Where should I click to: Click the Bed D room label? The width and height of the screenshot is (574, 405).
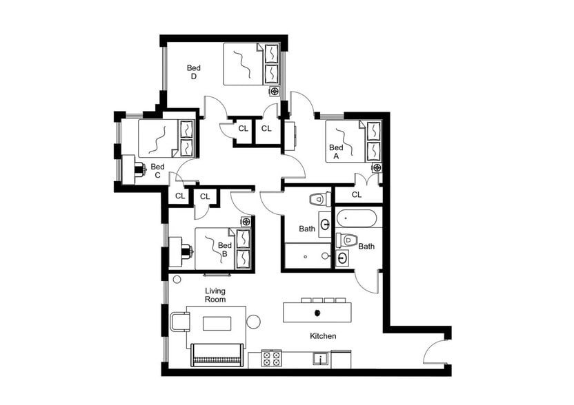point(194,72)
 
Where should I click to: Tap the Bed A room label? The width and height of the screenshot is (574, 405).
point(336,152)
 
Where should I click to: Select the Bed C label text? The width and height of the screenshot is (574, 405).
point(157,170)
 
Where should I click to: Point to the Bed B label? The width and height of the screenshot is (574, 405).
point(224,249)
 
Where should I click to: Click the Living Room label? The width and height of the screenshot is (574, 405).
point(215,295)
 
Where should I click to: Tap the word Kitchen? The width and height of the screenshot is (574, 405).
point(323,336)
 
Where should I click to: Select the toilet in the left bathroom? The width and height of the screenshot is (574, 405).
point(317,200)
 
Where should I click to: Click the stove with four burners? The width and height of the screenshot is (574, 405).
point(272,358)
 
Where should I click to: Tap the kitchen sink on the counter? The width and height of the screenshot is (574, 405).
point(320,359)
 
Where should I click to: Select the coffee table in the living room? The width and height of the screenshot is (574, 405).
point(216,323)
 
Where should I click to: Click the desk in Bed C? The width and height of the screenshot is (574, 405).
point(128,169)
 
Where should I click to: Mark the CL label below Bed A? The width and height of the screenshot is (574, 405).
point(357,195)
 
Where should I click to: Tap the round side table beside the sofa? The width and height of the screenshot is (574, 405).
point(253,321)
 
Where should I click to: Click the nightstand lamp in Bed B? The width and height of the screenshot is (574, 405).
point(246,221)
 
